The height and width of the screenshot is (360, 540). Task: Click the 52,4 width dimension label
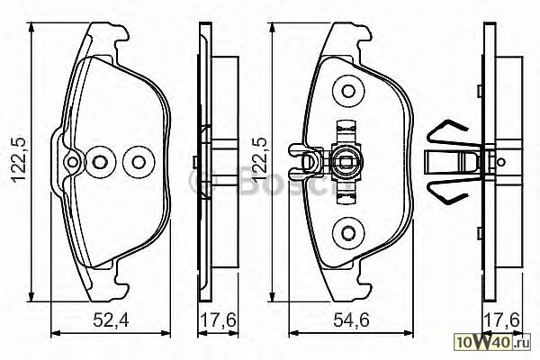click(x=111, y=321)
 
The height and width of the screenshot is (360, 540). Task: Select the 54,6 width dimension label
click(x=351, y=320)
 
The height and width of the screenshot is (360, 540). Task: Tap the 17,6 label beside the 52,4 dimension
click(x=219, y=320)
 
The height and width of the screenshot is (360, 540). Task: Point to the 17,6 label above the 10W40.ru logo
click(x=501, y=320)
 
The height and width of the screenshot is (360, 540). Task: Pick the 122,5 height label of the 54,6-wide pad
click(x=260, y=159)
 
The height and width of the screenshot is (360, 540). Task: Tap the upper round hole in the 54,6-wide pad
click(x=348, y=91)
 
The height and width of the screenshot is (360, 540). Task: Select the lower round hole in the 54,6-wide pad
click(x=348, y=232)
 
